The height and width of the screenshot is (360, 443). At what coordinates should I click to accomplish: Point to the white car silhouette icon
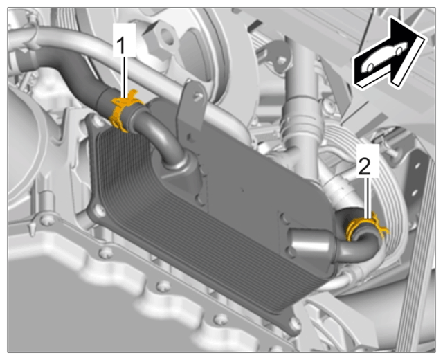coord(385,57)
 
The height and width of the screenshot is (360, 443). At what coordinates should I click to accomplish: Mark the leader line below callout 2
coord(368,198)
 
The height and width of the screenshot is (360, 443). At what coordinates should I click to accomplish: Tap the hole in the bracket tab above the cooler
coord(199,97)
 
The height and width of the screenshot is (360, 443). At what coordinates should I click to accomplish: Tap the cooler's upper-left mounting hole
coord(98,123)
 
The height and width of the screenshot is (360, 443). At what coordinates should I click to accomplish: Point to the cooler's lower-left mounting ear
coord(98,210)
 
